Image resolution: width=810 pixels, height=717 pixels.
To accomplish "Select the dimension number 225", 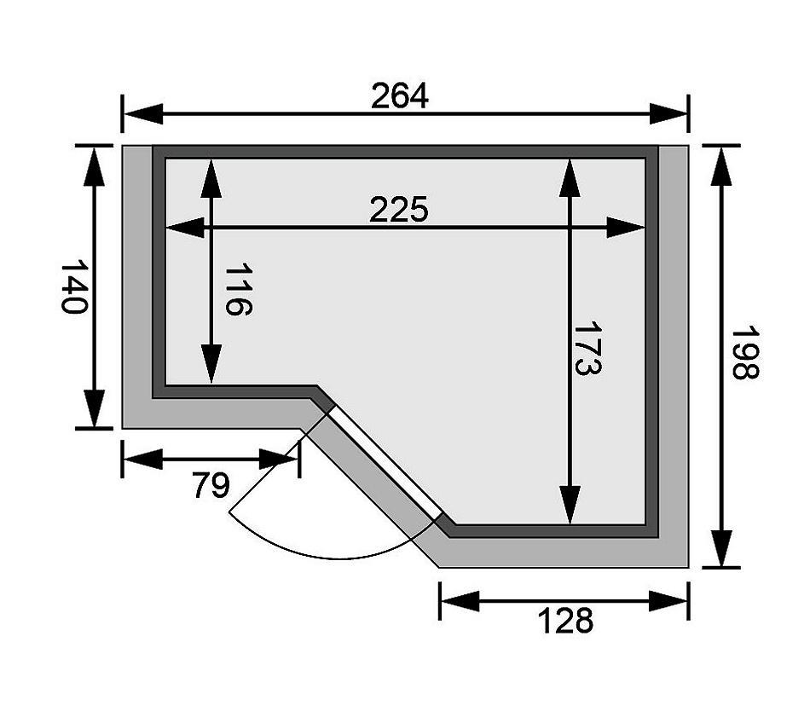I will [398, 210].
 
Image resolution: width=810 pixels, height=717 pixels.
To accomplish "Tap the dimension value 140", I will [75, 286].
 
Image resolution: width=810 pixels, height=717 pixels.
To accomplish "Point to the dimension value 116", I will [239, 290].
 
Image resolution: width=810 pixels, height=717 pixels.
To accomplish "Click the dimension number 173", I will [587, 349].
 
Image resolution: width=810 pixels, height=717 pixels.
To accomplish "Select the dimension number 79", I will [210, 486].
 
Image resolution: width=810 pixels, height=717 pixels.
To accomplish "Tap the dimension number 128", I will [564, 622].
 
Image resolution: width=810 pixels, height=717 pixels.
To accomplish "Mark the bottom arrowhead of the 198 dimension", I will [721, 547].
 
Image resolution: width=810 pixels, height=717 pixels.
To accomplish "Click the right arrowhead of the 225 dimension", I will [626, 228].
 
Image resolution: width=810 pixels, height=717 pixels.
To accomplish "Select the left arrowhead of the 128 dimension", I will [459, 602].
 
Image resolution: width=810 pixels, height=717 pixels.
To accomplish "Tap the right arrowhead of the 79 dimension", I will [281, 460].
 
